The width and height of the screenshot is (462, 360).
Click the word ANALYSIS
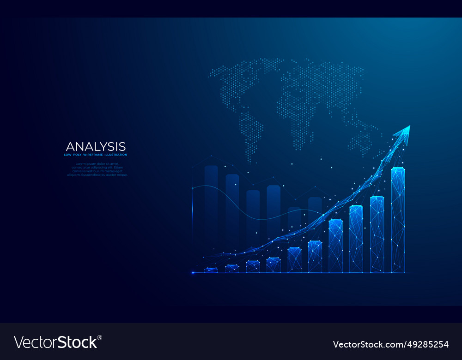96,146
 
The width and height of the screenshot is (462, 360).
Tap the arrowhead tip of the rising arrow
409,126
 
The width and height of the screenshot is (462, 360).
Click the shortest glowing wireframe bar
211,270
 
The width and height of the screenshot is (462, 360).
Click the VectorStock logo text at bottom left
56,342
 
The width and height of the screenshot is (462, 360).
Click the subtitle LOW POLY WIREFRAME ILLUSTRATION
96,155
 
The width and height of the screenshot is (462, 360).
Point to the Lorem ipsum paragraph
97,169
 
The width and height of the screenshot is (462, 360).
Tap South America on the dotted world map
252,134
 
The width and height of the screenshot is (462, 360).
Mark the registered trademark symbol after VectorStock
99,337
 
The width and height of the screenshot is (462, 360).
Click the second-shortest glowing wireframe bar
232,268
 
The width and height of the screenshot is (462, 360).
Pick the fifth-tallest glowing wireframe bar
315,257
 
